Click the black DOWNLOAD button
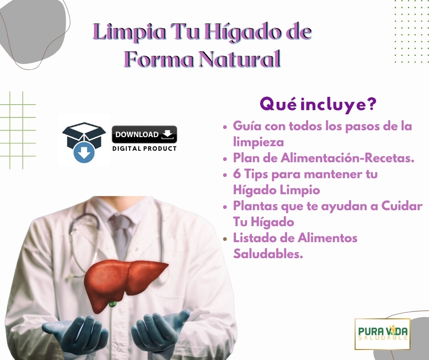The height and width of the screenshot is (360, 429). point(144,134)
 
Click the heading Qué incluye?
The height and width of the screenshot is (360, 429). point(318,105)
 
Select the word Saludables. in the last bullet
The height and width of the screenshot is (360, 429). point(268,254)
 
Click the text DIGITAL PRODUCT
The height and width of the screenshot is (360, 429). point(144,148)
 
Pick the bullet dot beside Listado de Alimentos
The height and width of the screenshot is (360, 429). point(225,238)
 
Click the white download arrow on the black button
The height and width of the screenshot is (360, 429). point(167,134)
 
